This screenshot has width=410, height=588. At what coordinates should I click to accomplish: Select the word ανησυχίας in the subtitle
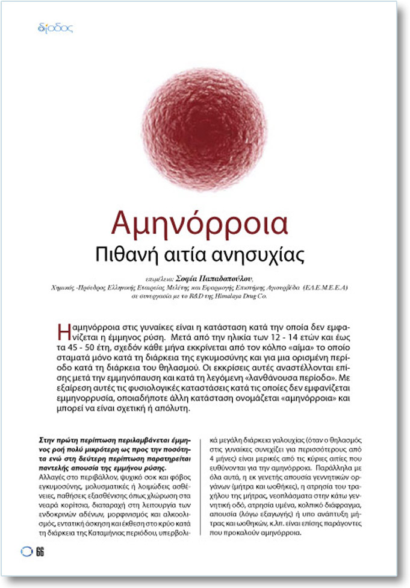pyautogui.click(x=269, y=254)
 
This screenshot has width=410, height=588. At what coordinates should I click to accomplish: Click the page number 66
pyautogui.click(x=40, y=551)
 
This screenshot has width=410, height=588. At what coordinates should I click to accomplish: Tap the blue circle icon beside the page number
pyautogui.click(x=27, y=551)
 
